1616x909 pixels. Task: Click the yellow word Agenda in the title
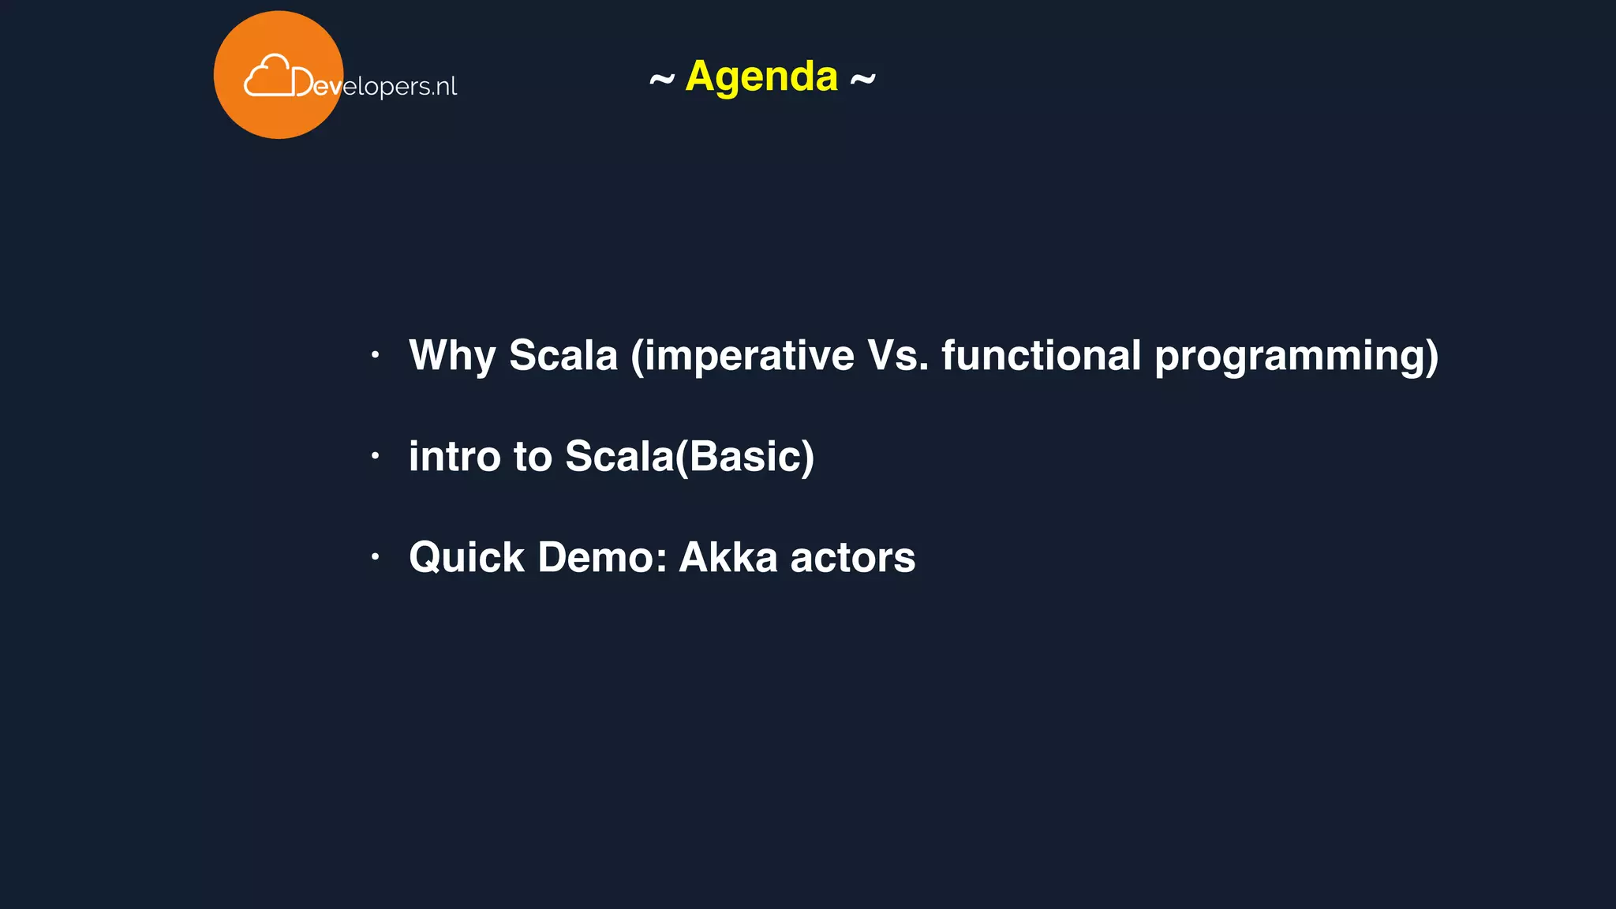pos(761,77)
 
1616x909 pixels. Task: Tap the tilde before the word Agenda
pos(662,79)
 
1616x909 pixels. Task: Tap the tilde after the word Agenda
pos(862,79)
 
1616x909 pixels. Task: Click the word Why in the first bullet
pos(452,356)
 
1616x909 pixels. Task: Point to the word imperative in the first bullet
pos(743,356)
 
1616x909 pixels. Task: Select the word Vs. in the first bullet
pos(897,356)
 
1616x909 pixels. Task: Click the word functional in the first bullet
pos(1041,356)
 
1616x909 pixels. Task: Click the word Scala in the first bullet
pos(563,356)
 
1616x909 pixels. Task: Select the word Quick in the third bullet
pos(466,558)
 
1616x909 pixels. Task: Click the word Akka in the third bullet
pos(728,558)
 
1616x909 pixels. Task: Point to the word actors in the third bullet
pos(852,559)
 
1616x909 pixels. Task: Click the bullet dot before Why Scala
pos(376,355)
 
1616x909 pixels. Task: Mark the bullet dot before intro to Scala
pos(376,456)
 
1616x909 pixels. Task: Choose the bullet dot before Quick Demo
pos(376,557)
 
